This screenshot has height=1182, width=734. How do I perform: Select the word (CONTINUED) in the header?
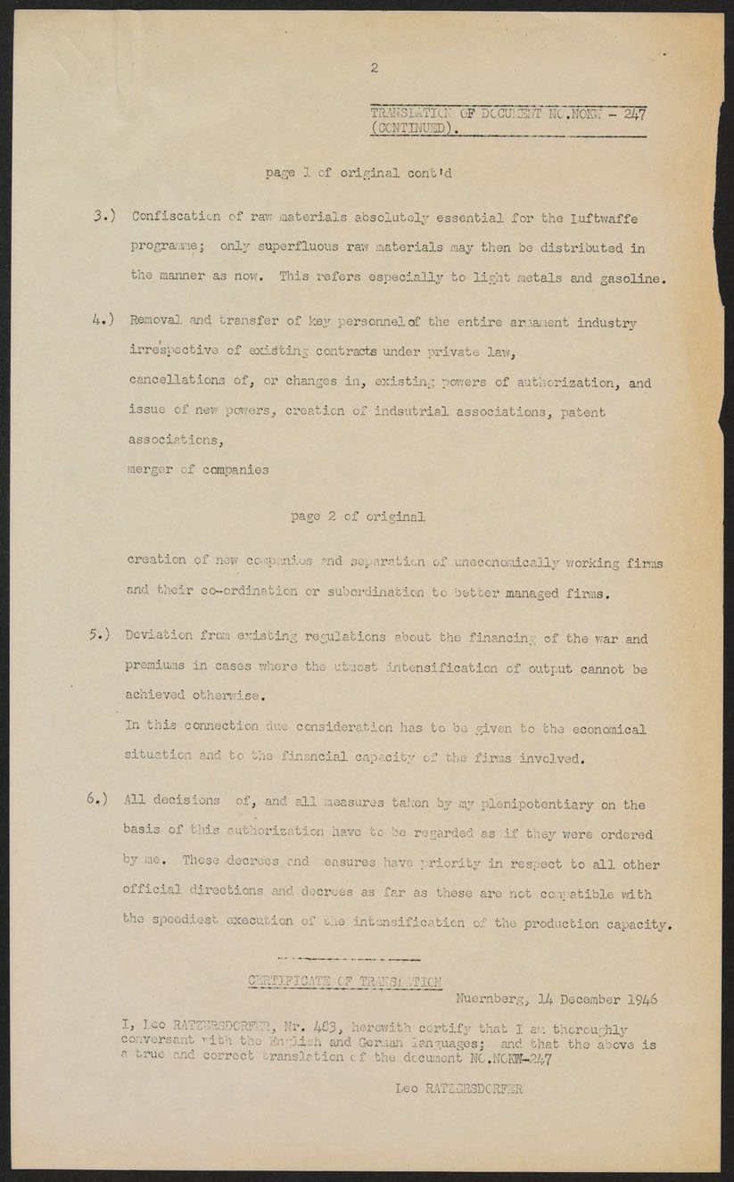coord(414,128)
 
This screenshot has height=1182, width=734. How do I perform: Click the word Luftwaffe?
coord(604,218)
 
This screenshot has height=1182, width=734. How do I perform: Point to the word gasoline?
coord(630,278)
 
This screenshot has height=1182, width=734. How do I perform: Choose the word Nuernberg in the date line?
coord(491,1000)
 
